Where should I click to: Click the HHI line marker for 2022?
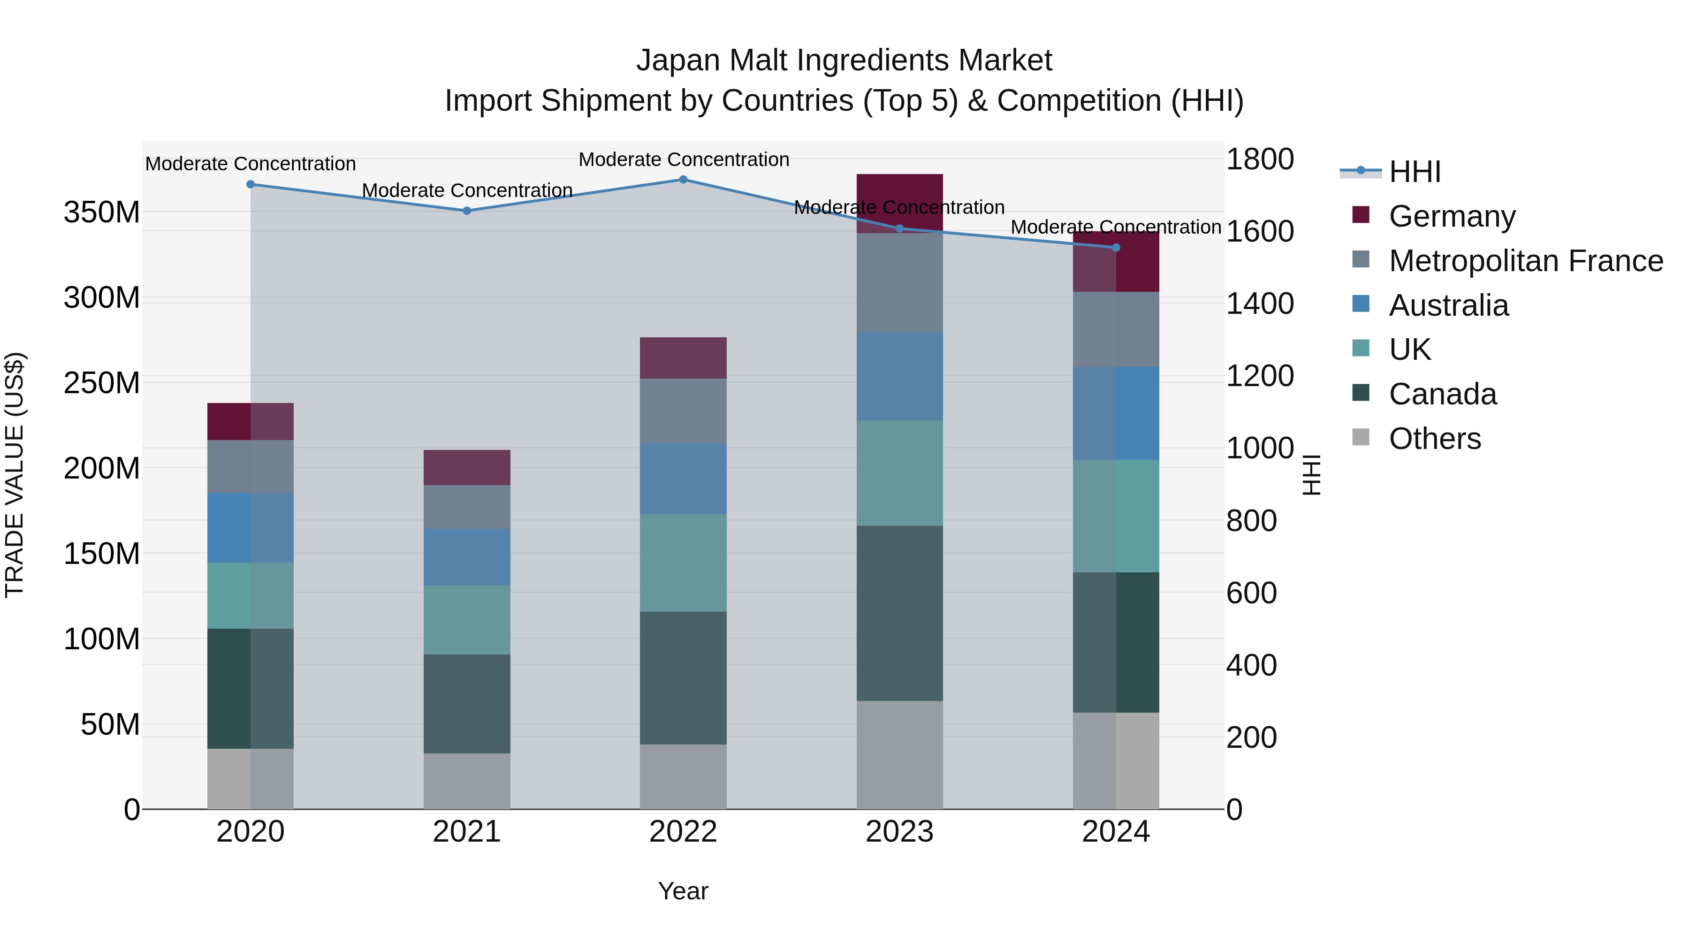pyautogui.click(x=683, y=180)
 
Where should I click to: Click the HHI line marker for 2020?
pyautogui.click(x=251, y=184)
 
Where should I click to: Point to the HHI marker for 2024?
pyautogui.click(x=1116, y=247)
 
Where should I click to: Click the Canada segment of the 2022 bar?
pyautogui.click(x=683, y=677)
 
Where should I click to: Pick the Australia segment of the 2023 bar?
pyautogui.click(x=899, y=376)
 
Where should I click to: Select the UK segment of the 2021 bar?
pyautogui.click(x=467, y=620)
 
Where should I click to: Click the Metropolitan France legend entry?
pyautogui.click(x=1526, y=261)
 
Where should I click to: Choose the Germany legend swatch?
pyautogui.click(x=1361, y=215)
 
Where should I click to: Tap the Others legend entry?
pyautogui.click(x=1435, y=439)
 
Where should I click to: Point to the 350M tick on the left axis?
pyautogui.click(x=102, y=213)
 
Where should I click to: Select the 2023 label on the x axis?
pyautogui.click(x=899, y=831)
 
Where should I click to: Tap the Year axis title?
pyautogui.click(x=683, y=891)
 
